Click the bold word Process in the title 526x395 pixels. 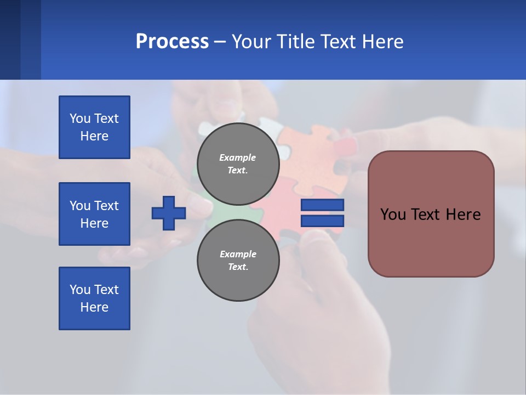172,42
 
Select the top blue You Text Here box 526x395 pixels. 94,127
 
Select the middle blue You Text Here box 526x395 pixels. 94,214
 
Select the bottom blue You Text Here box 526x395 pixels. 94,298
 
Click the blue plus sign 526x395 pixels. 169,213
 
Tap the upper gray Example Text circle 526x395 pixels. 238,164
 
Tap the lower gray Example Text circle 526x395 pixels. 238,261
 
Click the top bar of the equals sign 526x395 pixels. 322,205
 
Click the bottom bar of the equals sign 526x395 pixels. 322,221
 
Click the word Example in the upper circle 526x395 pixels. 237,157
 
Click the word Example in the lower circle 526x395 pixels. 237,254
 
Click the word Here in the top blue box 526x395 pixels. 94,136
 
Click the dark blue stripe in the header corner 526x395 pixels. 10,39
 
